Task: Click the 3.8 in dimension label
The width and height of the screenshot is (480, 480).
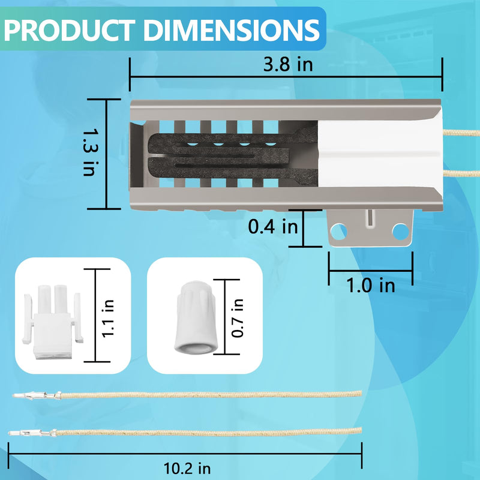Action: (288, 65)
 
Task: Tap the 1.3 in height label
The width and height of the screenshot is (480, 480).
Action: (91, 152)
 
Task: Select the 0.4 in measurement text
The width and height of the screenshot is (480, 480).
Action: (273, 227)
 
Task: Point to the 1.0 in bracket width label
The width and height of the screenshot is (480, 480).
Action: (370, 286)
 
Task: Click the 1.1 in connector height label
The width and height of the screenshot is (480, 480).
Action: (107, 319)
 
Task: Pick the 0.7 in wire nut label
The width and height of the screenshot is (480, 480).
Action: (237, 318)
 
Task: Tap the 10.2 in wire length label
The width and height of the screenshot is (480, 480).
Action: (187, 468)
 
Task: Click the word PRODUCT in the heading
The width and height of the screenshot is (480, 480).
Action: (69, 30)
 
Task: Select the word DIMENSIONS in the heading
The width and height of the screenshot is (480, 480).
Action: (232, 30)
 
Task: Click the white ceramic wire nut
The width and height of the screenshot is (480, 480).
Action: (196, 317)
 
